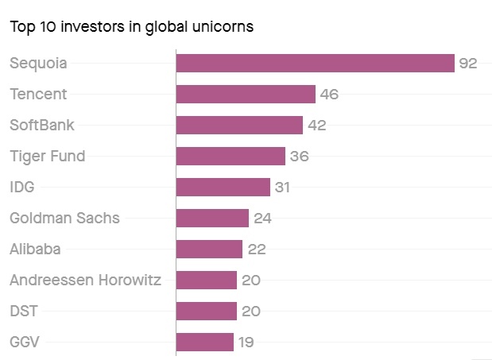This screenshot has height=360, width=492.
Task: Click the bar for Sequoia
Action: pyautogui.click(x=315, y=64)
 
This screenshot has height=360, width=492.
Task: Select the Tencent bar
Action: pyautogui.click(x=246, y=95)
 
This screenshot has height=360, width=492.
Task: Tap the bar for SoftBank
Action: pyautogui.click(x=239, y=126)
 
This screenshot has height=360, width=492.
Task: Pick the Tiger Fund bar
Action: pyautogui.click(x=231, y=157)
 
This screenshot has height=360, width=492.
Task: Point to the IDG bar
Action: pyautogui.click(x=223, y=188)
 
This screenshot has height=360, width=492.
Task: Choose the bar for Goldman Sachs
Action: pyautogui.click(x=212, y=219)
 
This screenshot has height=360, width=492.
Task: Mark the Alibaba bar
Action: pyautogui.click(x=209, y=250)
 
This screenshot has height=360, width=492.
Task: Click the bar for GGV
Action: pyautogui.click(x=205, y=343)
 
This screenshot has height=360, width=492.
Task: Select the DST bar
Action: pyautogui.click(x=207, y=312)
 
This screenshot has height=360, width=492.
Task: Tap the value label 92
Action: pyautogui.click(x=467, y=64)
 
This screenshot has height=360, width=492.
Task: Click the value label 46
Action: pyautogui.click(x=329, y=95)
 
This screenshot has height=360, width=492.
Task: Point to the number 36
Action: pyautogui.click(x=299, y=157)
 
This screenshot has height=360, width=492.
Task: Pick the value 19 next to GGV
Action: pyautogui.click(x=246, y=343)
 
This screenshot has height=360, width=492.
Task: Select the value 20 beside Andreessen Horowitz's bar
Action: pyautogui.click(x=251, y=281)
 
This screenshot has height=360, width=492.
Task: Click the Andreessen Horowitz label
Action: pyautogui.click(x=85, y=281)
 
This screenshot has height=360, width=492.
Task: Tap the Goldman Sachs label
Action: pyautogui.click(x=64, y=219)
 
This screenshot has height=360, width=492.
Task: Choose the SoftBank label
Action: pyautogui.click(x=41, y=126)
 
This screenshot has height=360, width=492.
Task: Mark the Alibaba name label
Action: pyautogui.click(x=35, y=250)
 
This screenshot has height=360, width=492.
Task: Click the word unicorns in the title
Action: pyautogui.click(x=225, y=26)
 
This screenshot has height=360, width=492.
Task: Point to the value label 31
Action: pyautogui.click(x=283, y=188)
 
